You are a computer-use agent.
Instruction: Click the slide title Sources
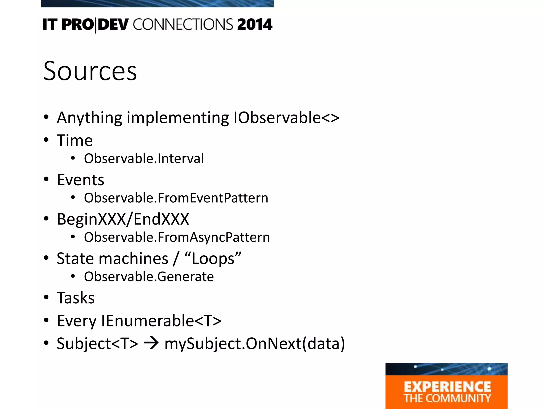[90, 71]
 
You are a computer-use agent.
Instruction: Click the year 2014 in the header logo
[255, 24]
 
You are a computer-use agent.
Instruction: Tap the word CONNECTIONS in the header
[183, 24]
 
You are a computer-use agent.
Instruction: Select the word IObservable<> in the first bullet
[286, 118]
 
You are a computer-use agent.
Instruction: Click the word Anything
[89, 118]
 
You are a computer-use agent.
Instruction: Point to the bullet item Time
[75, 140]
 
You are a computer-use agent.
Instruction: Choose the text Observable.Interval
[144, 158]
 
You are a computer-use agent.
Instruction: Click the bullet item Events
[80, 180]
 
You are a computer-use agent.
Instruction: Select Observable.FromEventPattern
[176, 198]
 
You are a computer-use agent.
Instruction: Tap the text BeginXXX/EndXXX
[123, 219]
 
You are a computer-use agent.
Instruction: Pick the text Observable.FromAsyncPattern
[177, 237]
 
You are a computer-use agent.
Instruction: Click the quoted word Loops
[213, 259]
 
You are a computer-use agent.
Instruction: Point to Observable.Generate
[149, 277]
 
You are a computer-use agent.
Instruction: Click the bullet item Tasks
[76, 298]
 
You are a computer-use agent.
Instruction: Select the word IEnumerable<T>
[161, 321]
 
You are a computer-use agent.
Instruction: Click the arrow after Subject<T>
[151, 343]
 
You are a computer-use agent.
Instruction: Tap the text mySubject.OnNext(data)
[255, 343]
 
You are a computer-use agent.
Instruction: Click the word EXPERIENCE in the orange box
[447, 387]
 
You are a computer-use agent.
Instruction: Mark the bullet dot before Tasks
[46, 297]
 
